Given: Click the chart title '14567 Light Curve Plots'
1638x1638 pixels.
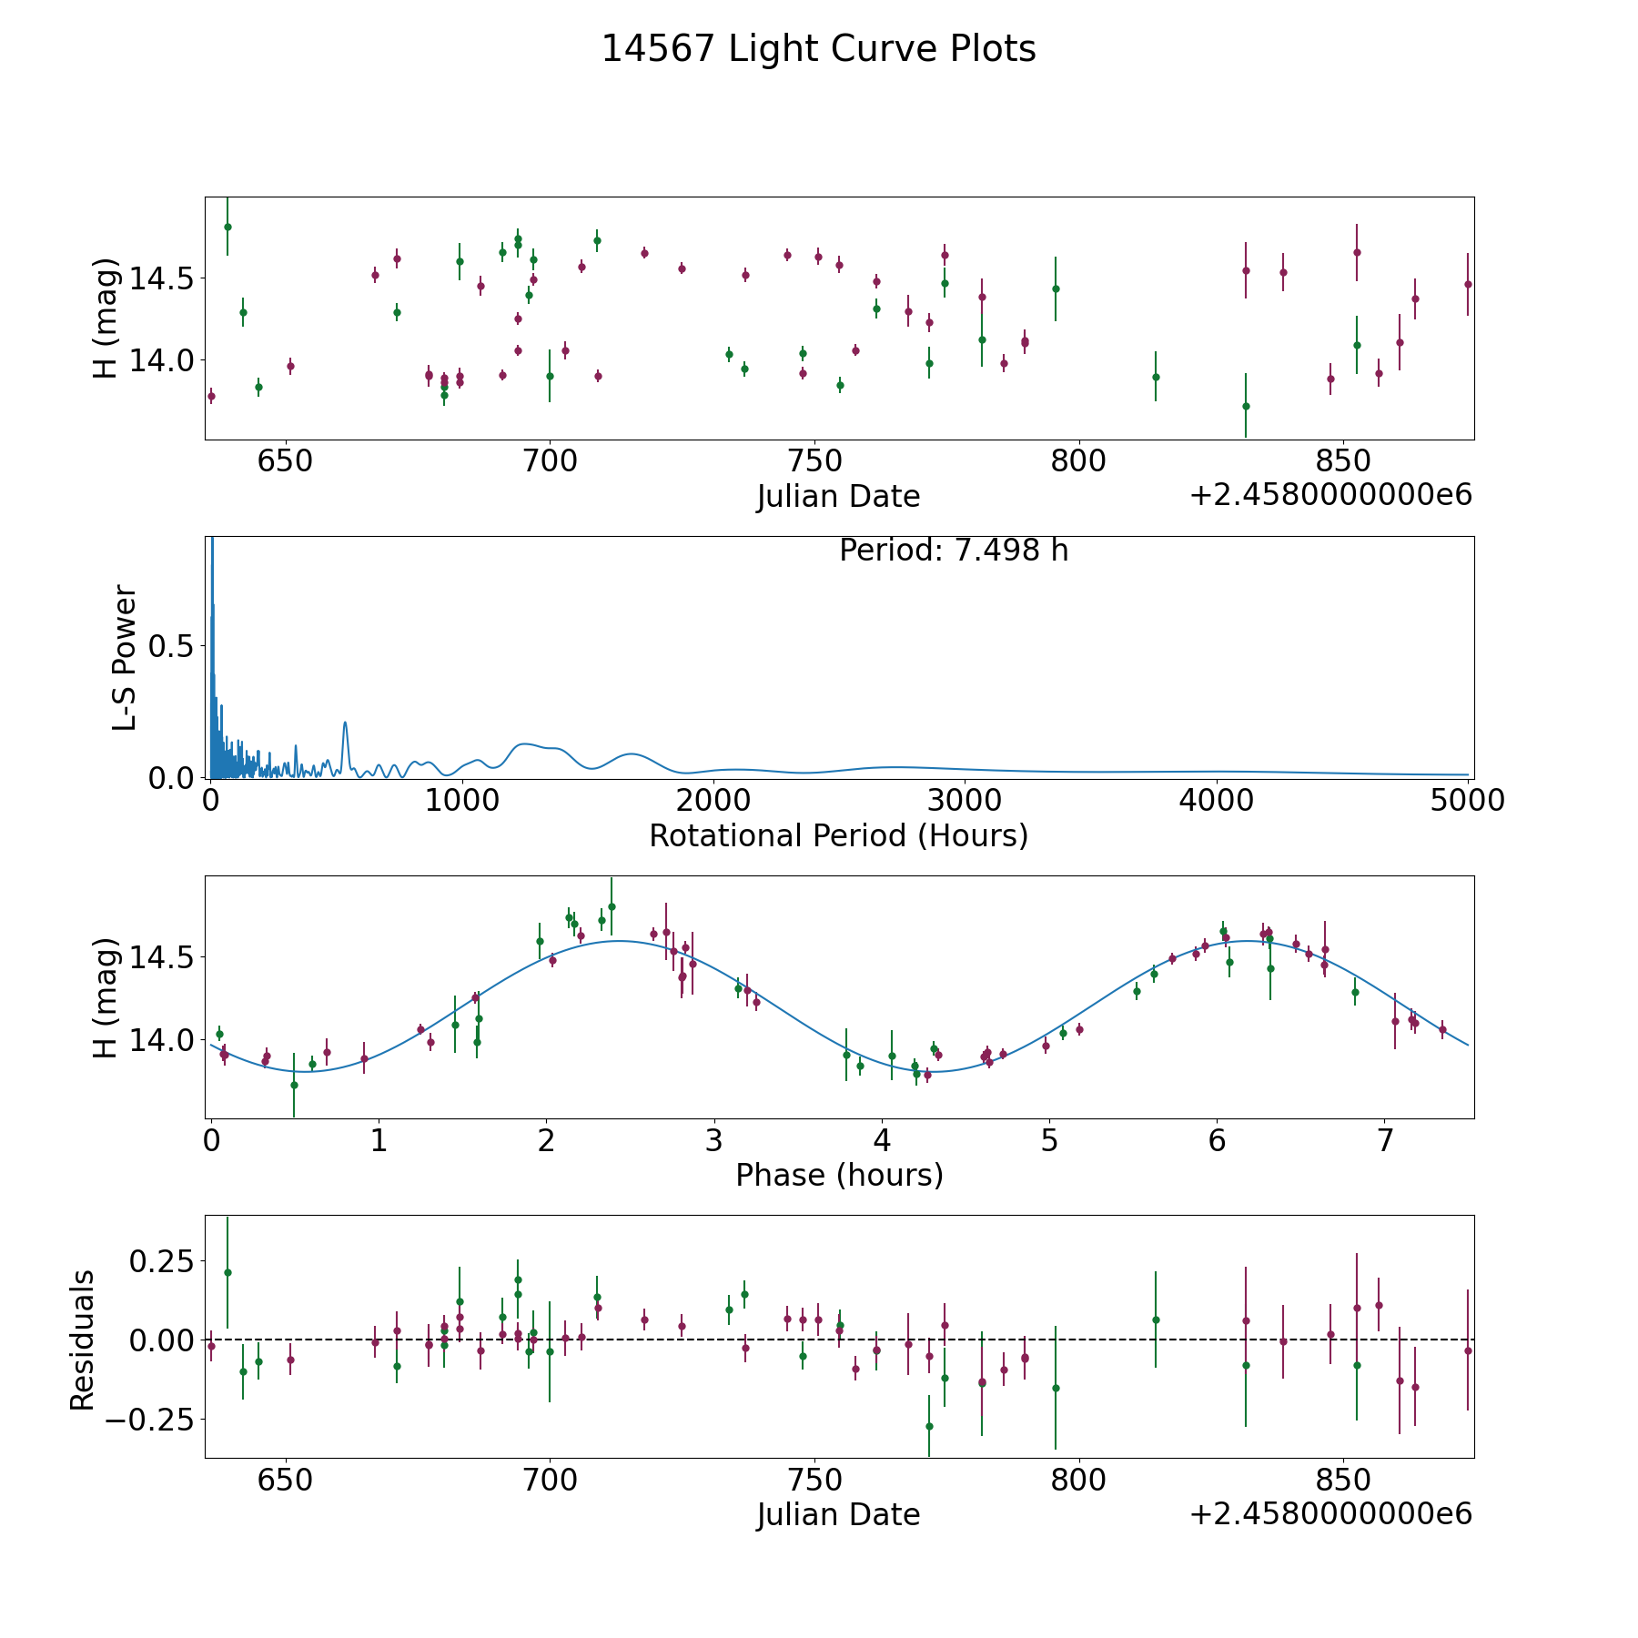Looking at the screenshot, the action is click(819, 49).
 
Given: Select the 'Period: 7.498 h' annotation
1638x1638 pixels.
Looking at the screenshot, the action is click(954, 551).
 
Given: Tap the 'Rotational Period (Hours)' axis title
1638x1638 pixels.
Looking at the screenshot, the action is click(839, 835).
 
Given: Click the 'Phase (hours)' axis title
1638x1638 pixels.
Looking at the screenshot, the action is click(839, 1175).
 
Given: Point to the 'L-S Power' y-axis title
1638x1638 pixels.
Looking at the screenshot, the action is click(125, 657).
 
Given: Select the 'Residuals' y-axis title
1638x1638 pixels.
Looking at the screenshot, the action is click(83, 1340).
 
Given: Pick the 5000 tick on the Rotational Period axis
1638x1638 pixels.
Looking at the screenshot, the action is click(1468, 800).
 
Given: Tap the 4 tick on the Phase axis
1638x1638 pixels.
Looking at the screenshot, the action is click(882, 1140).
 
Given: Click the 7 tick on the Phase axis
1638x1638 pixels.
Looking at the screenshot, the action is click(1385, 1140).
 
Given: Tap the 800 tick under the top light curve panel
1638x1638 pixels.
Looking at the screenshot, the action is click(1078, 460).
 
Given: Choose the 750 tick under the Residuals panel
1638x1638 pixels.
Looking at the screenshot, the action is click(814, 1479).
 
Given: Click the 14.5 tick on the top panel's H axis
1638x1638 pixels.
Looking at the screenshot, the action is click(161, 278).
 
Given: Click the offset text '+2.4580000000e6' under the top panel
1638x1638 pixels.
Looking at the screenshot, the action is click(1330, 496).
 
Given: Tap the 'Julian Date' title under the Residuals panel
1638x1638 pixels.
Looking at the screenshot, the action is click(839, 1514).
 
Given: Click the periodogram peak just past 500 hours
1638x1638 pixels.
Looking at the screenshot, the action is click(345, 723).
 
